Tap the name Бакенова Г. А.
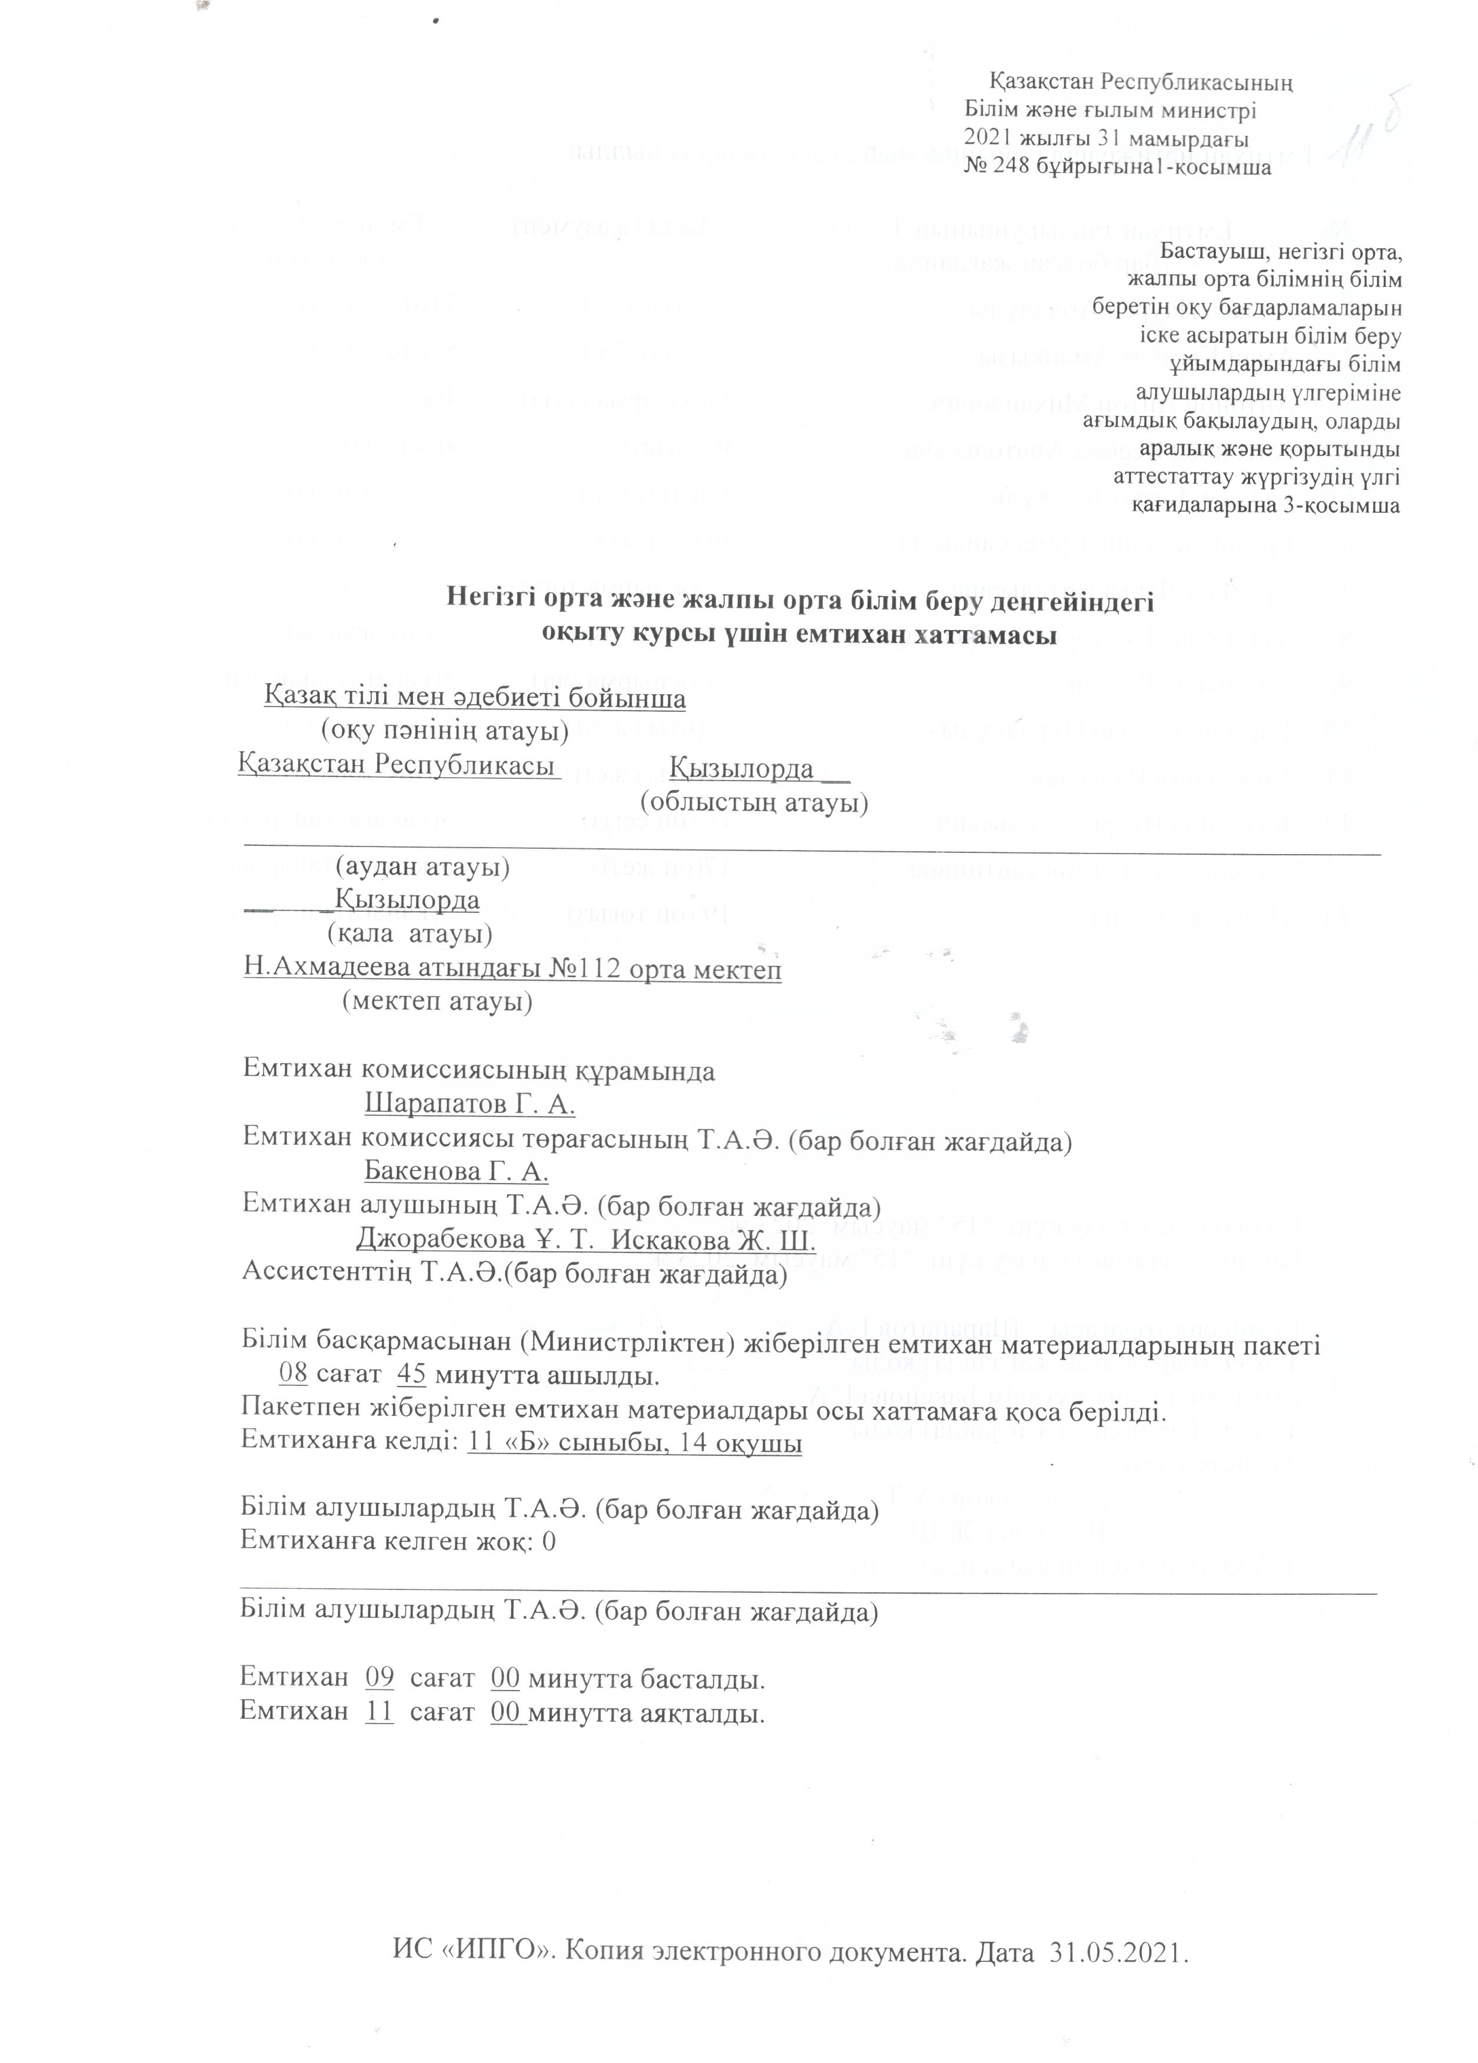click(455, 1171)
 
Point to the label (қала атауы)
click(410, 933)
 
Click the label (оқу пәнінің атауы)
click(445, 729)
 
